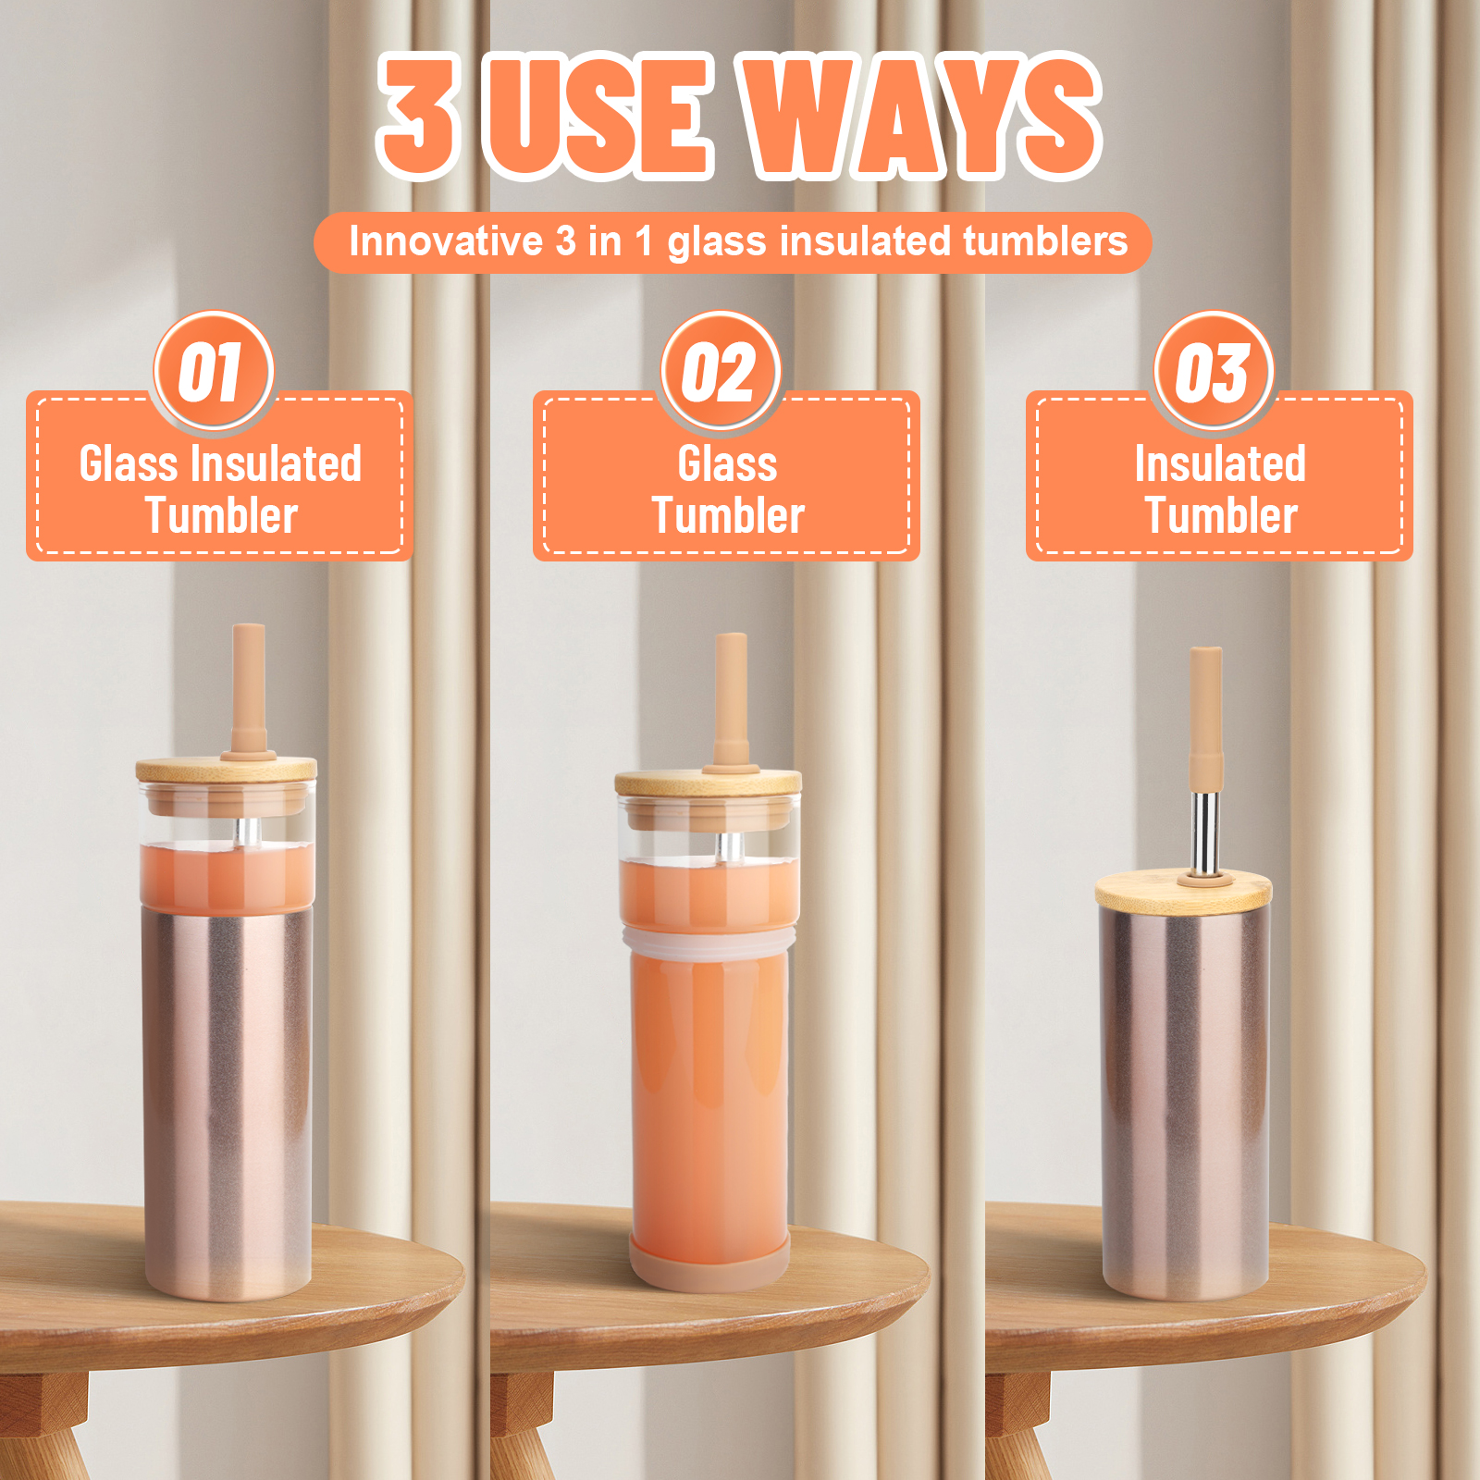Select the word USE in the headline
[x=599, y=116]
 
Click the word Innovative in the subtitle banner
[x=445, y=241]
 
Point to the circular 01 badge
[x=214, y=372]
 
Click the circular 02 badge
[x=721, y=372]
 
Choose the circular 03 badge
[x=1215, y=372]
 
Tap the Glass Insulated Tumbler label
[x=220, y=489]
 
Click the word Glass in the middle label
[x=727, y=463]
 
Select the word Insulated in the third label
[x=1220, y=463]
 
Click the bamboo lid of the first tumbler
[x=227, y=769]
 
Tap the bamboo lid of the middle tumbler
[x=709, y=783]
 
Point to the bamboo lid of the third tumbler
[x=1184, y=890]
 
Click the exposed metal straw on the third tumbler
[x=1204, y=832]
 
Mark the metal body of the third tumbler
[x=1185, y=1101]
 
